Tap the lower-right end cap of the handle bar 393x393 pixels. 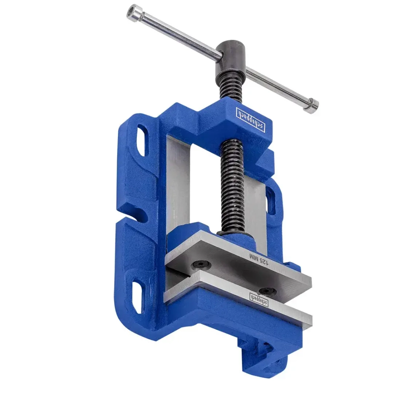tap(312, 105)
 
